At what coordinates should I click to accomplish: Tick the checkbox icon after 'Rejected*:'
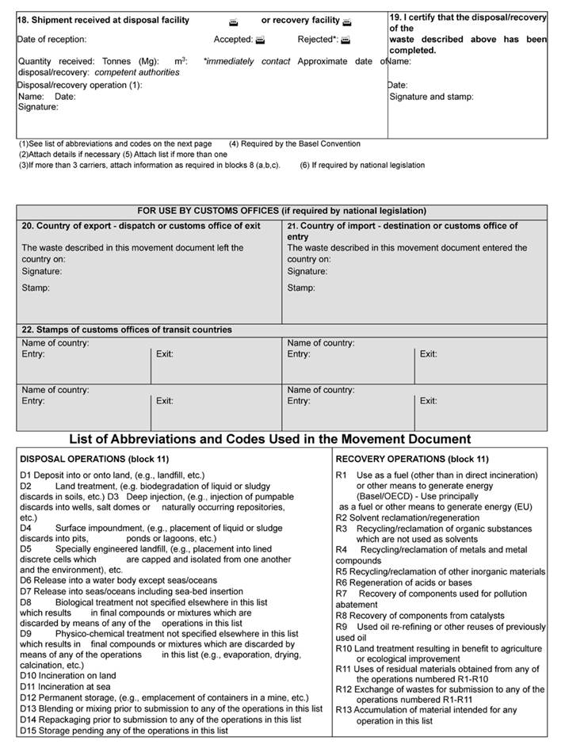(345, 40)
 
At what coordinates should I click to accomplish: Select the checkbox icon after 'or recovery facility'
(347, 21)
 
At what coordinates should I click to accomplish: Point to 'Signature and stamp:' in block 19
(431, 97)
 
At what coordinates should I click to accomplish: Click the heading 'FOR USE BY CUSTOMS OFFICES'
(281, 211)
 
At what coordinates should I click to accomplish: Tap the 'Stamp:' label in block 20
(36, 288)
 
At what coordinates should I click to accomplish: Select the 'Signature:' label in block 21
(307, 271)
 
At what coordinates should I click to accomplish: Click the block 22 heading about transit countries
(127, 330)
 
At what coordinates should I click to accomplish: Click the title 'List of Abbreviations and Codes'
(270, 439)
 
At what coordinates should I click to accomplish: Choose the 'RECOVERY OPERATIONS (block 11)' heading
(412, 459)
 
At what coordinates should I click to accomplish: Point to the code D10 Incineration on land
(68, 676)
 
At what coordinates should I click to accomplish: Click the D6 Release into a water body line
(107, 580)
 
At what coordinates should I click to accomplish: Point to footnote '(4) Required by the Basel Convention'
(294, 144)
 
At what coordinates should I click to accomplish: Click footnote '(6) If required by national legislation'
(362, 166)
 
